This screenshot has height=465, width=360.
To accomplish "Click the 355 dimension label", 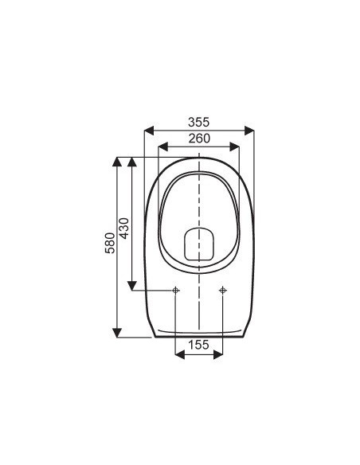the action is coord(198,122).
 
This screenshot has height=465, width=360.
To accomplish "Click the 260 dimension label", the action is coord(199,139).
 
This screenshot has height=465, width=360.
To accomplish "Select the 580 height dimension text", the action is coord(110,243).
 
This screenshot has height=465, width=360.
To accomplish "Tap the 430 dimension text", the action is coord(124,229).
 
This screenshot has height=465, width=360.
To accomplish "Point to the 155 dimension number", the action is coord(198,345).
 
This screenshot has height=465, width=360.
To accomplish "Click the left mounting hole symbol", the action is coord(175,291).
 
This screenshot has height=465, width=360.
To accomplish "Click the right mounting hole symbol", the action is coord(223,291).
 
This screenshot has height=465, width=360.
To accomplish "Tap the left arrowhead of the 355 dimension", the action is coord(149,131).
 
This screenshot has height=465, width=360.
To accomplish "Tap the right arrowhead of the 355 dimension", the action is coord(249,131).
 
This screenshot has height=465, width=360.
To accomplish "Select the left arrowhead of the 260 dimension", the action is coord(163,147).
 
